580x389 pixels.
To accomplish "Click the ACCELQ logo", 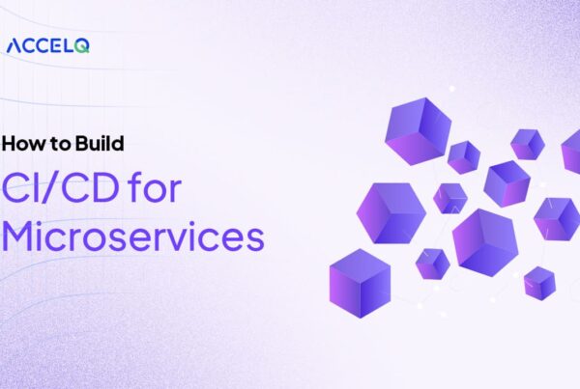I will point(47,44).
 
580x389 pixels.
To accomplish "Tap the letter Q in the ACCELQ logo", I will point(82,45).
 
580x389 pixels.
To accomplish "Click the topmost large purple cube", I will point(418,129).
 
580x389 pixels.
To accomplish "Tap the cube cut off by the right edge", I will point(571,151).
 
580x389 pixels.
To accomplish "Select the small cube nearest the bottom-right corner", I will point(539,283).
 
